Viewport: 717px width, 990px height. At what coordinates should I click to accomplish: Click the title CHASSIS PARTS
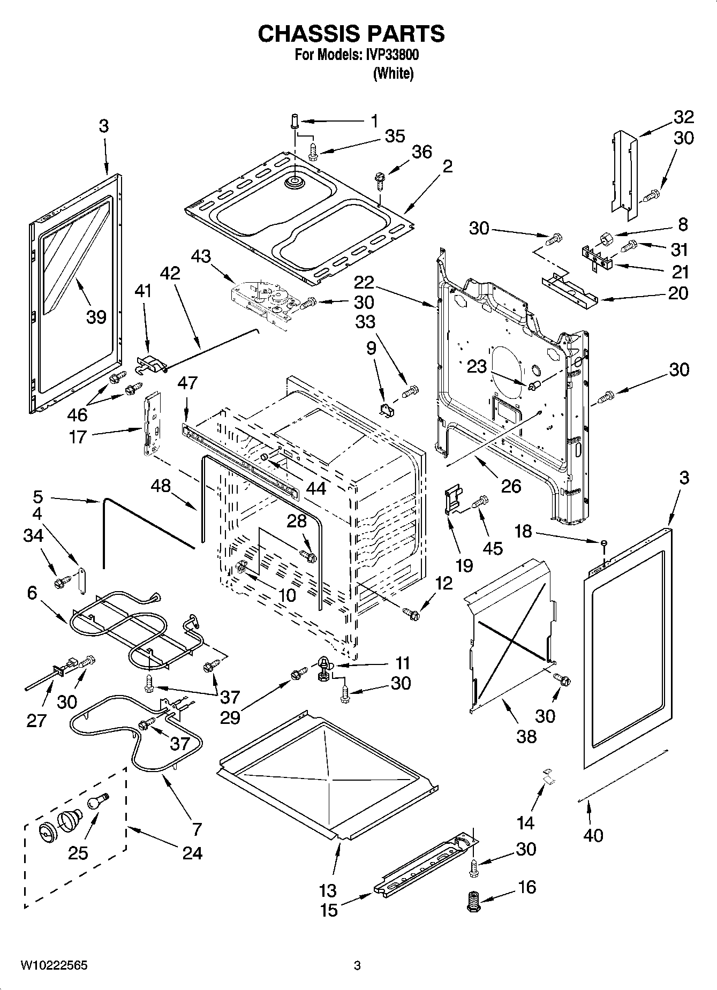[351, 34]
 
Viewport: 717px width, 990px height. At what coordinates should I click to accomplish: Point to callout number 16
[527, 887]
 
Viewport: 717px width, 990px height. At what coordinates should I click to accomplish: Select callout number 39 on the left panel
[96, 317]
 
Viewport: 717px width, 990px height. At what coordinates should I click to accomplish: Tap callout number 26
[511, 486]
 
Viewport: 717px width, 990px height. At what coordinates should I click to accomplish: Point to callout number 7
[197, 829]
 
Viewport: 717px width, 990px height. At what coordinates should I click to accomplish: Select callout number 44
[316, 488]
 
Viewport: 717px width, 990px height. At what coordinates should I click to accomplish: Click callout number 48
[161, 486]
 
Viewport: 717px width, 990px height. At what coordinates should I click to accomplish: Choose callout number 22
[364, 282]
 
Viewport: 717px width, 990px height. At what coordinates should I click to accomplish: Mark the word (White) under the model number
[394, 73]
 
